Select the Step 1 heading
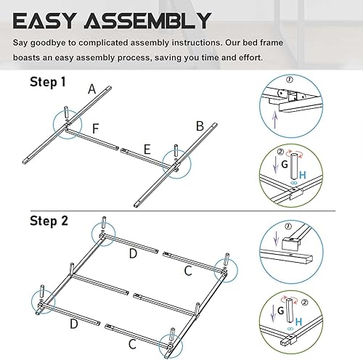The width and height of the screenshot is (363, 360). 48,83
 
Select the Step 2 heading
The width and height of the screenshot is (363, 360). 49,220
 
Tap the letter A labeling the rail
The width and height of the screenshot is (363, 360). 92,89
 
